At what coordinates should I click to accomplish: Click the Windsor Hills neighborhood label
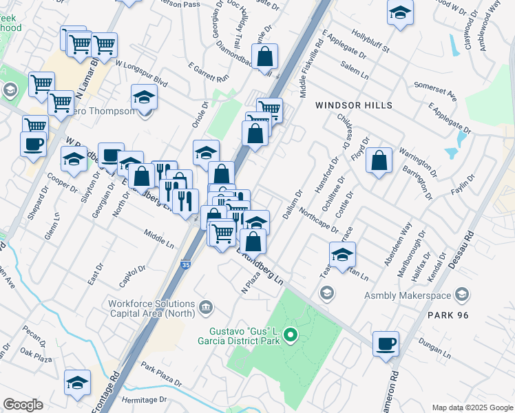pos(354,105)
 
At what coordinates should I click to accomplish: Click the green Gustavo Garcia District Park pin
pos(291,336)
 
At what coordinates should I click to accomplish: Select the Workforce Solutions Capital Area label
pos(151,309)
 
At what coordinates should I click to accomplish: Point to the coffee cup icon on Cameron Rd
pos(386,343)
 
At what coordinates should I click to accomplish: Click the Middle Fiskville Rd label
pos(311,65)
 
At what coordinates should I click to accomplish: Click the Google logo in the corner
pos(23,405)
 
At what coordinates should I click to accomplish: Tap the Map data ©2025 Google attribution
pos(471,407)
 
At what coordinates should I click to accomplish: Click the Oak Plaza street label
pos(36,355)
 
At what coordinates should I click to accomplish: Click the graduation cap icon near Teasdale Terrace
pos(341,255)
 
